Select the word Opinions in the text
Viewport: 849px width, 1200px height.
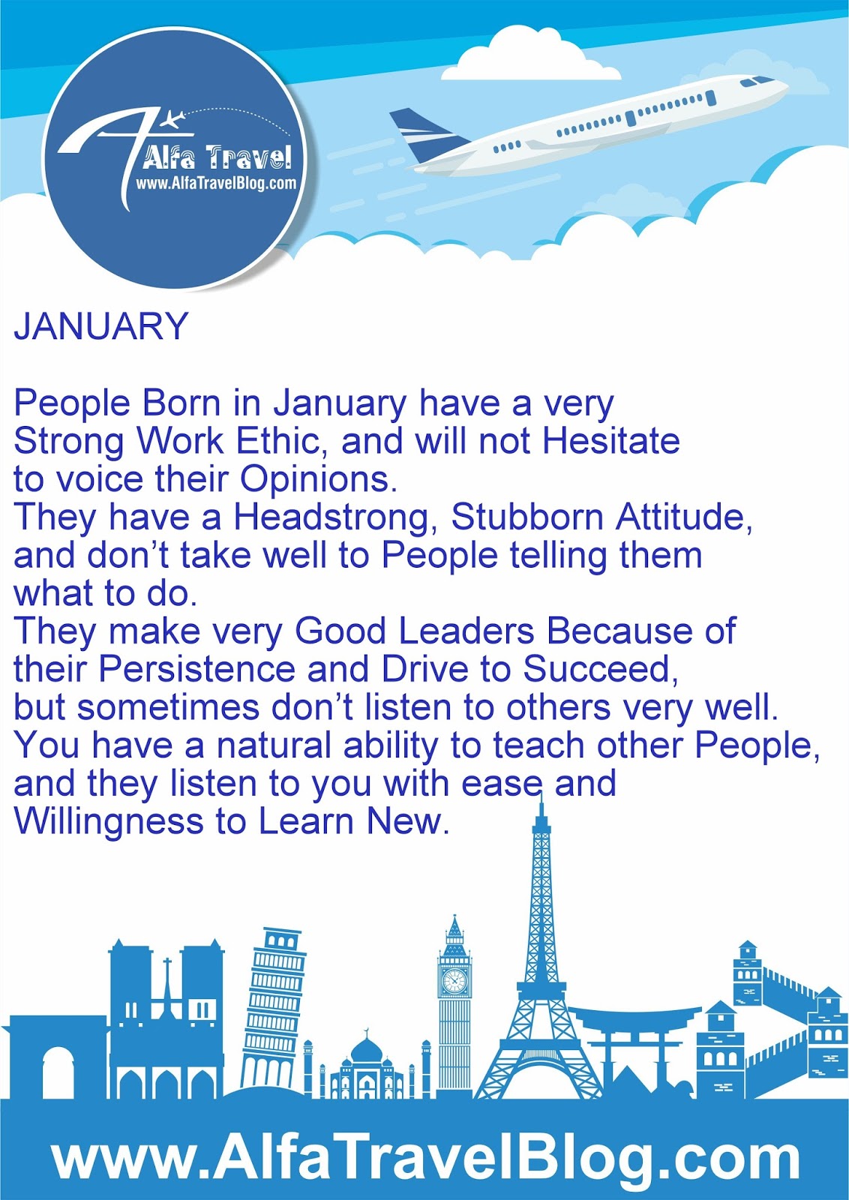[319, 481]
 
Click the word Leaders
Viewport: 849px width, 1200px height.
[467, 631]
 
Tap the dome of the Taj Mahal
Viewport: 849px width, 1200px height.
[367, 1049]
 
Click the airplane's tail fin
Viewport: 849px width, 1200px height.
[426, 134]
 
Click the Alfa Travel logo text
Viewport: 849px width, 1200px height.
[217, 156]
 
